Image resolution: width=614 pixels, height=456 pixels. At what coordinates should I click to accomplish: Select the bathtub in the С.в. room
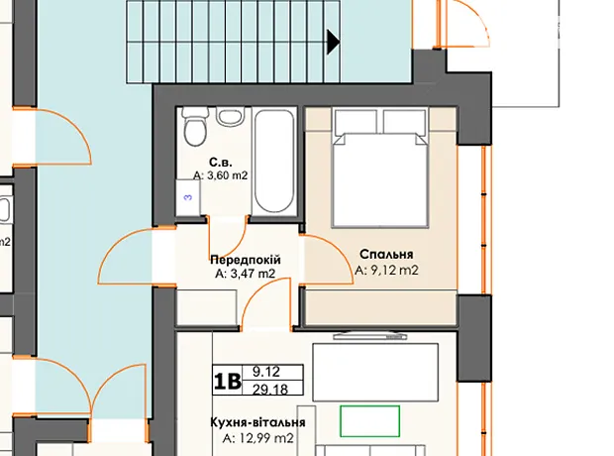[274, 161]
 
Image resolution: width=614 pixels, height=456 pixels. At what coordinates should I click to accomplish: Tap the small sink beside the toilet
[231, 116]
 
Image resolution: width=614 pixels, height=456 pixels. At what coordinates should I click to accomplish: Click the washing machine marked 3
[187, 197]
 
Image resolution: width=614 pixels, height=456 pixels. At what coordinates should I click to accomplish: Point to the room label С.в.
[221, 163]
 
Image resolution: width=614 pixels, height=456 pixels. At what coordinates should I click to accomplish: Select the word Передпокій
[246, 260]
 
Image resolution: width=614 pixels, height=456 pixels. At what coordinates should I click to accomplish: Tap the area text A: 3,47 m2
[246, 274]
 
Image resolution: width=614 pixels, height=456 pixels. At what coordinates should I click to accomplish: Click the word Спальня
[386, 254]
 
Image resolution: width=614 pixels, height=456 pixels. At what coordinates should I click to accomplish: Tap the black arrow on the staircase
[333, 41]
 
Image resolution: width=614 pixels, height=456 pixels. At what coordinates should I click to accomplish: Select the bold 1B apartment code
[227, 381]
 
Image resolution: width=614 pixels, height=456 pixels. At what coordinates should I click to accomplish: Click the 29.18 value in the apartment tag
[270, 390]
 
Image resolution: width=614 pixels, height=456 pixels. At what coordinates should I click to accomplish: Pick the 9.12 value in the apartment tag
[266, 371]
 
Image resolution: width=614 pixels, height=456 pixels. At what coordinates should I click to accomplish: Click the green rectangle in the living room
[369, 421]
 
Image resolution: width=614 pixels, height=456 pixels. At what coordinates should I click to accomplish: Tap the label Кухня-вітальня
[257, 422]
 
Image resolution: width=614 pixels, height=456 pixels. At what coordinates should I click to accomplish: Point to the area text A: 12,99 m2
[257, 438]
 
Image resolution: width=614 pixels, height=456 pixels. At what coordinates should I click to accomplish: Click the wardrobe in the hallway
[206, 307]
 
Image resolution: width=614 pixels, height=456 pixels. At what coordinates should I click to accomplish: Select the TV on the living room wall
[370, 336]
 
